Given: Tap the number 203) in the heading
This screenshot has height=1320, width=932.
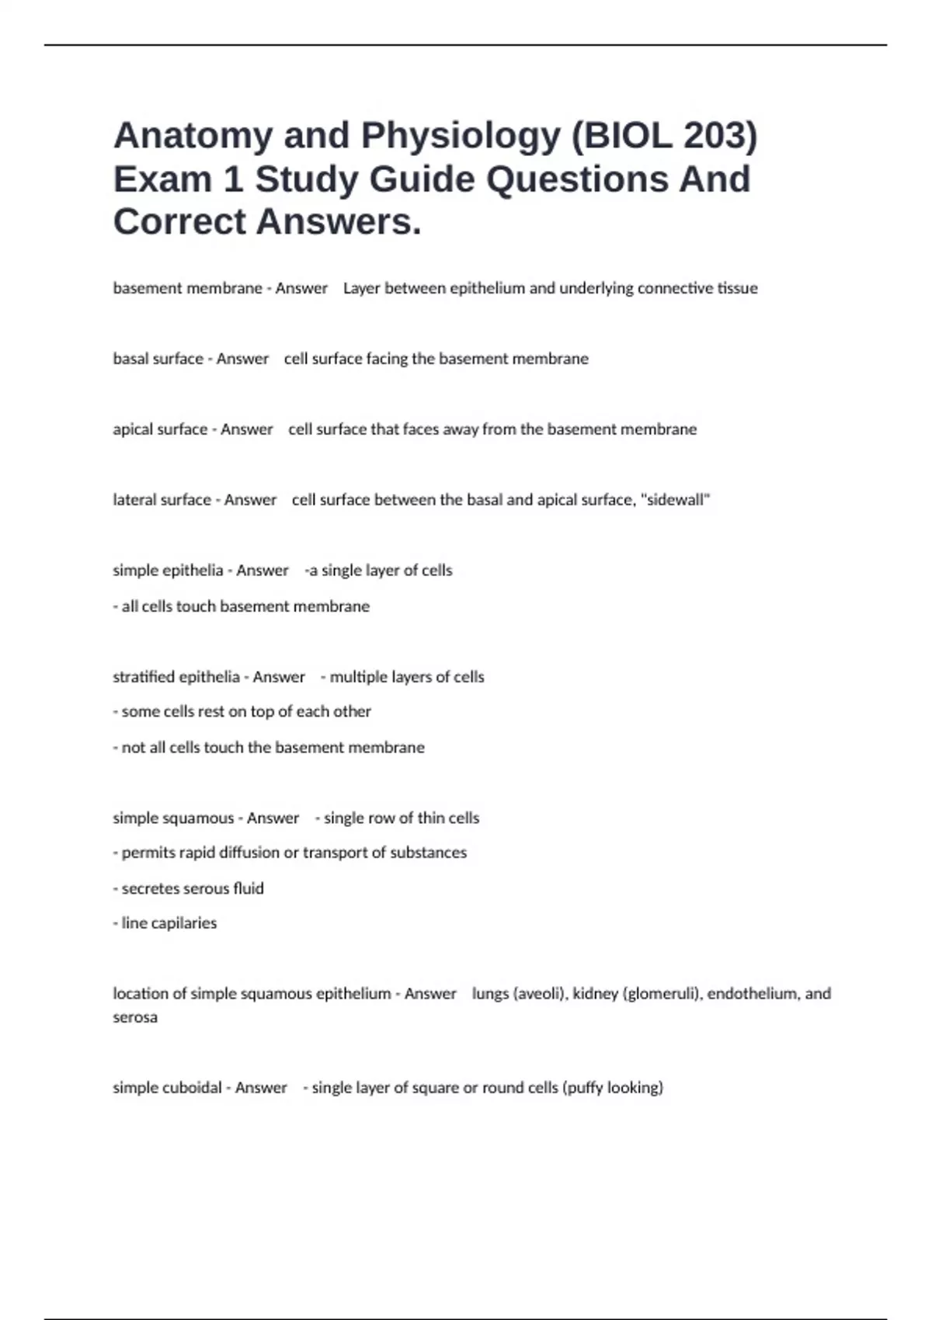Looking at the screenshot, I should tap(720, 137).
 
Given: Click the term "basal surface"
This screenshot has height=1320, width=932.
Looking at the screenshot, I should tap(158, 359).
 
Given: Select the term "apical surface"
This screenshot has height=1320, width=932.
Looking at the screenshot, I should tap(160, 429).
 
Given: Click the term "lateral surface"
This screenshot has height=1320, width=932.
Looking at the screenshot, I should tap(162, 500).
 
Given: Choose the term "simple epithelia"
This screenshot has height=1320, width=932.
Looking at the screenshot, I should tap(168, 571).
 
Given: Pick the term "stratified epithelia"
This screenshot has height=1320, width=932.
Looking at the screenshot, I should tap(176, 677).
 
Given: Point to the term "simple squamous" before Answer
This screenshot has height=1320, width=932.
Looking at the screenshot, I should tap(173, 818).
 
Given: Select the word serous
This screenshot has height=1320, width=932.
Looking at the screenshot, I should tap(203, 888).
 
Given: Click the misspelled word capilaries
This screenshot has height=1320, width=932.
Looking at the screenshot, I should tap(183, 923).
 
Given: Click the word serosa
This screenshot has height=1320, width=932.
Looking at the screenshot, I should tap(135, 1017).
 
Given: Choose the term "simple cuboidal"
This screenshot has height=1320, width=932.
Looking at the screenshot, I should tap(167, 1088).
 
